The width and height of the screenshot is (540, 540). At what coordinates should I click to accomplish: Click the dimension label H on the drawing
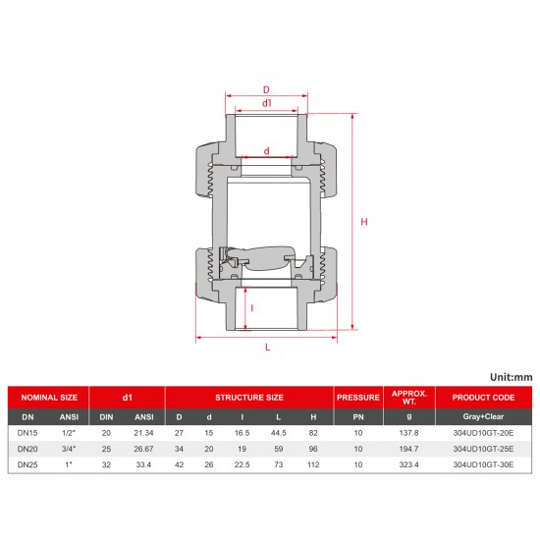coord(364,223)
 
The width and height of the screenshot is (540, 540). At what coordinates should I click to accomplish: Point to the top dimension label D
coord(267,88)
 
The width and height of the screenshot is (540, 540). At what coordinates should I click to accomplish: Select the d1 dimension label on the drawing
coord(267,103)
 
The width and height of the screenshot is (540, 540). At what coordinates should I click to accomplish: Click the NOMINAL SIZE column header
coord(49,398)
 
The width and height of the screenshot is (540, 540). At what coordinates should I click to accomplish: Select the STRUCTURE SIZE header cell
coord(249,398)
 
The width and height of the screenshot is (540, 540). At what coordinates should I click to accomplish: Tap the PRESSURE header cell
coord(357,398)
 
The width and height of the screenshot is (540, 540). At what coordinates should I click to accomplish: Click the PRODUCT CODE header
coord(483,398)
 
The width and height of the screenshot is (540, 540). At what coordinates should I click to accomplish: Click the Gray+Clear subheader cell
coord(483,415)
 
